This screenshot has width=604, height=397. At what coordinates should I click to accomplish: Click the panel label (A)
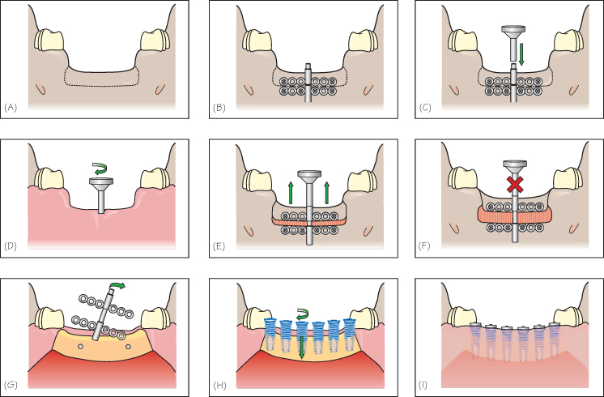coord(11,106)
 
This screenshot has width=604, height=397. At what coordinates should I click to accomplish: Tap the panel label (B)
coord(219,106)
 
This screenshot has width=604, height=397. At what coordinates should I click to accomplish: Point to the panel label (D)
coord(11,241)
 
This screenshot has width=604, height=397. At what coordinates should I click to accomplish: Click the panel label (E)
coord(219,241)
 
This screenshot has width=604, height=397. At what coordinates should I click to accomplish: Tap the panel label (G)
coord(11,380)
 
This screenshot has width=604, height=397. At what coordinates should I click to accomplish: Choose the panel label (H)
coord(219,380)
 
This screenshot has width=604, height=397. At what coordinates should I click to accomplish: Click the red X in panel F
coord(513,185)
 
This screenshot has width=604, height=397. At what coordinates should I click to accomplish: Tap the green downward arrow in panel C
coord(523,54)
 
